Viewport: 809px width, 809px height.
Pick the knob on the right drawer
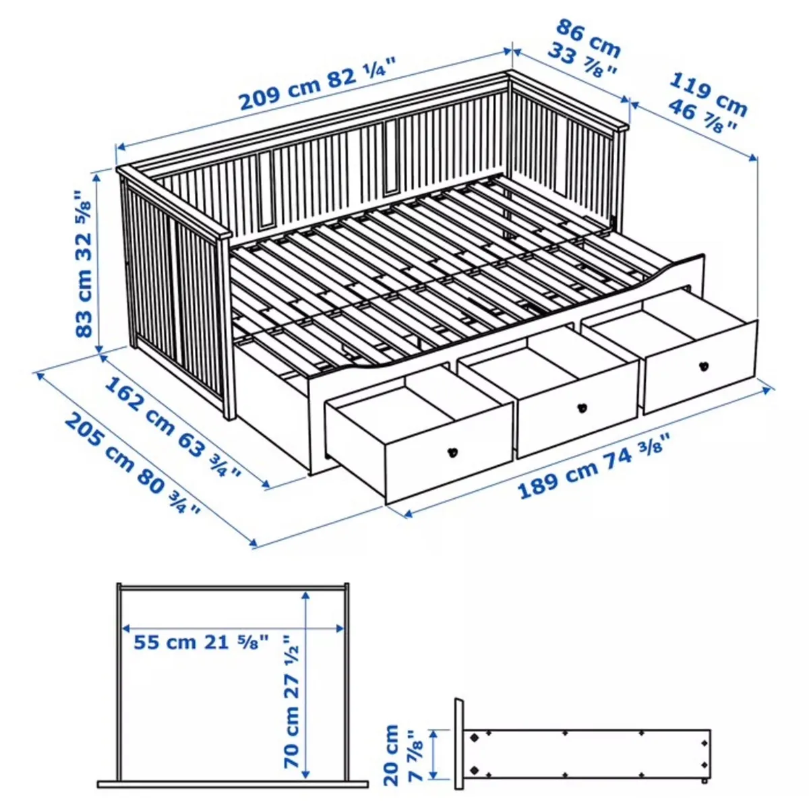coord(702,366)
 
